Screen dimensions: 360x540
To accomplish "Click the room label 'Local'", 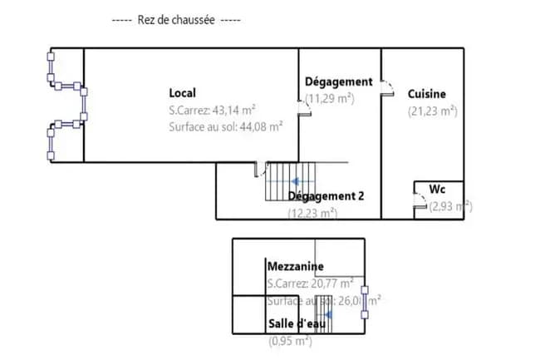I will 182,92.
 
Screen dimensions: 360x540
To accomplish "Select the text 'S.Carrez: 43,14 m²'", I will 212,110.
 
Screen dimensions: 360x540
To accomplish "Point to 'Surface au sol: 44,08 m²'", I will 225,127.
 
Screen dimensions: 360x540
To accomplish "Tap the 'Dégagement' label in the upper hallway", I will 338,81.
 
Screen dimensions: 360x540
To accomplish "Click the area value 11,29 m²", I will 330,98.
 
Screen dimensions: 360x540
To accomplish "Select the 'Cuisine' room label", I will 426,94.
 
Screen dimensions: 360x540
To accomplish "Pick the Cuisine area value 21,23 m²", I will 432,111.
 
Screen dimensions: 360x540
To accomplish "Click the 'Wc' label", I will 437,190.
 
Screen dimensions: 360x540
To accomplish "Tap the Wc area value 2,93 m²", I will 449,206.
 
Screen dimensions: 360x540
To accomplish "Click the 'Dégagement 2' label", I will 326,196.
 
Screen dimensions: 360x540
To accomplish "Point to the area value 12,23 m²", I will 312,213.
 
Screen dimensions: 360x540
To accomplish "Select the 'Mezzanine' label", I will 294,266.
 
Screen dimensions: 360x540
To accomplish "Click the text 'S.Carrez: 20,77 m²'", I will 310,284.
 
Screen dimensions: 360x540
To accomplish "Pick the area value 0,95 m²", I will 290,341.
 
